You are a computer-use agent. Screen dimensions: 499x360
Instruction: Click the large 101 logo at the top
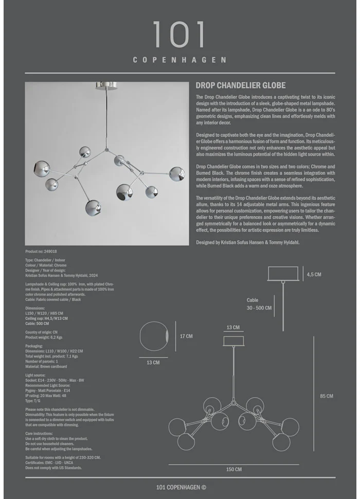(x=179, y=35)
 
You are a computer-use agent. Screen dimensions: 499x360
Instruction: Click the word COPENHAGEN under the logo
(x=179, y=60)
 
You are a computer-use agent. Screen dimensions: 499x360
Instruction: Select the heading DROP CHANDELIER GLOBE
(x=241, y=85)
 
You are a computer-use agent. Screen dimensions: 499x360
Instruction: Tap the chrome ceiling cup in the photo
(x=108, y=85)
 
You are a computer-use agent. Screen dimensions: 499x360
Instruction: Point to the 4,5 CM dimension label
(x=314, y=275)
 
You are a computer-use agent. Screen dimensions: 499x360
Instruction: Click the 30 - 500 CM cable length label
(x=259, y=308)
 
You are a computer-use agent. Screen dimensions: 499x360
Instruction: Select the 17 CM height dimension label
(x=186, y=336)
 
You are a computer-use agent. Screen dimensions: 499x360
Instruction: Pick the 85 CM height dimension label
(x=327, y=396)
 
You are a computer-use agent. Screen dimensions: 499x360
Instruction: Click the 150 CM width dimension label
(x=234, y=469)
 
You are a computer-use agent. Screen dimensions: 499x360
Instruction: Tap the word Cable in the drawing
(x=253, y=300)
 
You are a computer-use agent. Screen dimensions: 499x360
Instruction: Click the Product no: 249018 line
(x=41, y=252)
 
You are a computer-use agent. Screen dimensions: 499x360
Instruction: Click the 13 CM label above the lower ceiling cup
(x=233, y=328)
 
